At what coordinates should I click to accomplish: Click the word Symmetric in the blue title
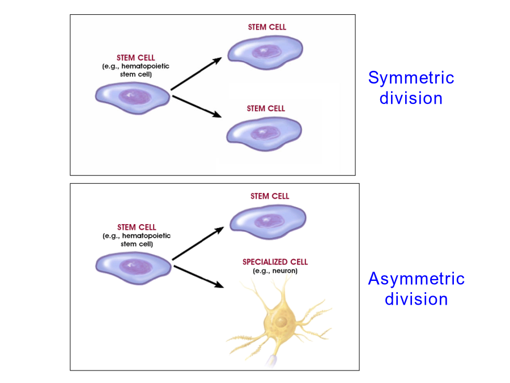click(411, 78)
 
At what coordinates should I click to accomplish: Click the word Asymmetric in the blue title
click(416, 279)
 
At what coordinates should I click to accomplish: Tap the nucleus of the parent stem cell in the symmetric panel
click(135, 96)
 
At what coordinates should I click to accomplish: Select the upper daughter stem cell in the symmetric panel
click(265, 52)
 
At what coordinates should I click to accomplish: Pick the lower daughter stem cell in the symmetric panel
click(264, 133)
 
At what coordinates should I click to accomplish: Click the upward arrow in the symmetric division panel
click(197, 74)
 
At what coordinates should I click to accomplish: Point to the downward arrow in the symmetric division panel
click(197, 106)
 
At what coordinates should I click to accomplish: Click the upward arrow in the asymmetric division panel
click(198, 243)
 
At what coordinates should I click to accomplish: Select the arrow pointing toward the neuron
click(199, 276)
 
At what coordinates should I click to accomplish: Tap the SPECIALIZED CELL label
click(275, 262)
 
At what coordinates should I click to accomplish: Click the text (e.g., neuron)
click(275, 271)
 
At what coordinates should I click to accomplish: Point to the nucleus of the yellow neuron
click(281, 322)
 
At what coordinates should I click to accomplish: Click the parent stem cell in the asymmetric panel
click(133, 268)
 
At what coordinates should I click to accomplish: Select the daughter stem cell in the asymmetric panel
click(268, 222)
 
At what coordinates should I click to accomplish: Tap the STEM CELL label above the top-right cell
click(267, 27)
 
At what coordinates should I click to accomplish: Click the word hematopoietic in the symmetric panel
click(146, 66)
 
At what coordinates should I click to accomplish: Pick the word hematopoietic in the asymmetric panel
click(146, 235)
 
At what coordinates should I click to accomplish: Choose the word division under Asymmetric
click(416, 299)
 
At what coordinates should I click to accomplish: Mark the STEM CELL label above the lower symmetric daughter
click(266, 108)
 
